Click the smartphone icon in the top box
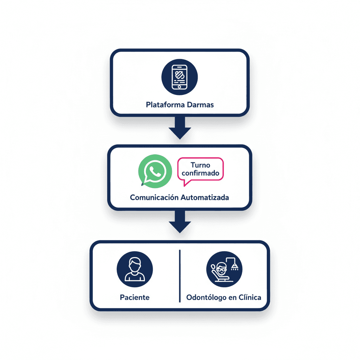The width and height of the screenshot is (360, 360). point(180,77)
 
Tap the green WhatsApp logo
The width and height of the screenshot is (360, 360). point(155,171)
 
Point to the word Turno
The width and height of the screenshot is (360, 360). point(200,165)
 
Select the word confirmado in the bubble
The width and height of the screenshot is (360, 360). point(200,173)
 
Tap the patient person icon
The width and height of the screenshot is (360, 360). point(135,269)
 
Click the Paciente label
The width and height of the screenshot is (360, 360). point(135,297)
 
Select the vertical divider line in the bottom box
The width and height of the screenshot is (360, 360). point(180,276)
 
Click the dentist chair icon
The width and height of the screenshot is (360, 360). point(224,269)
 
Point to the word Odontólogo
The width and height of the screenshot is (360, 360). point(206,297)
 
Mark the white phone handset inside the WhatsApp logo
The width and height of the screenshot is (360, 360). point(155,171)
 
